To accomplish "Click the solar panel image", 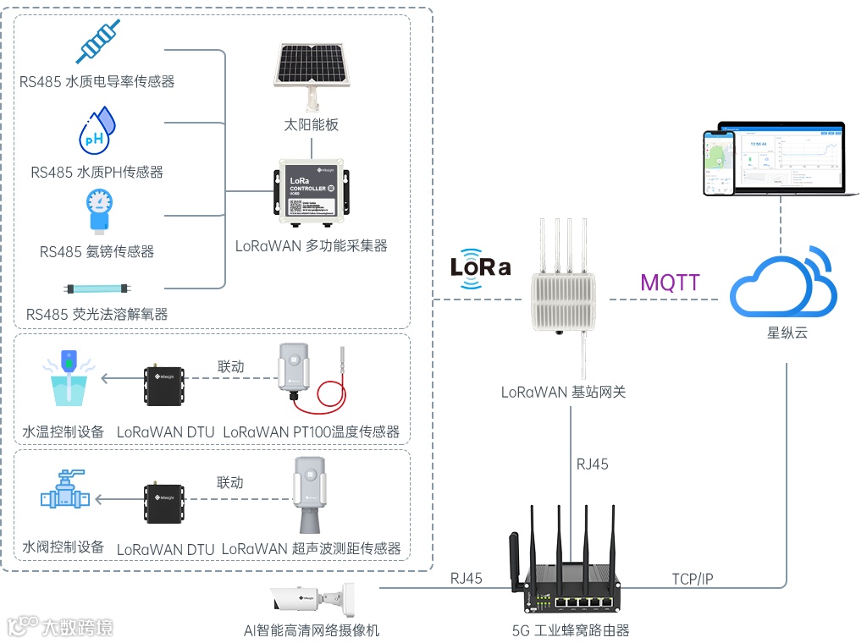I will point(312,66).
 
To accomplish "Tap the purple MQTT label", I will point(671,282).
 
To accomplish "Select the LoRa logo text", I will point(480,267).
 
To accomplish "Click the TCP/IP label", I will point(693,579).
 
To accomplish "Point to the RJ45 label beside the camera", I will point(467,579).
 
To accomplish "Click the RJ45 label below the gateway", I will point(593,464).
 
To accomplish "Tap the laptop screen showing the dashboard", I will point(781,157).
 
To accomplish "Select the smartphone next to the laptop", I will point(720,165).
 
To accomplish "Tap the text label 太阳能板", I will point(312,124).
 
